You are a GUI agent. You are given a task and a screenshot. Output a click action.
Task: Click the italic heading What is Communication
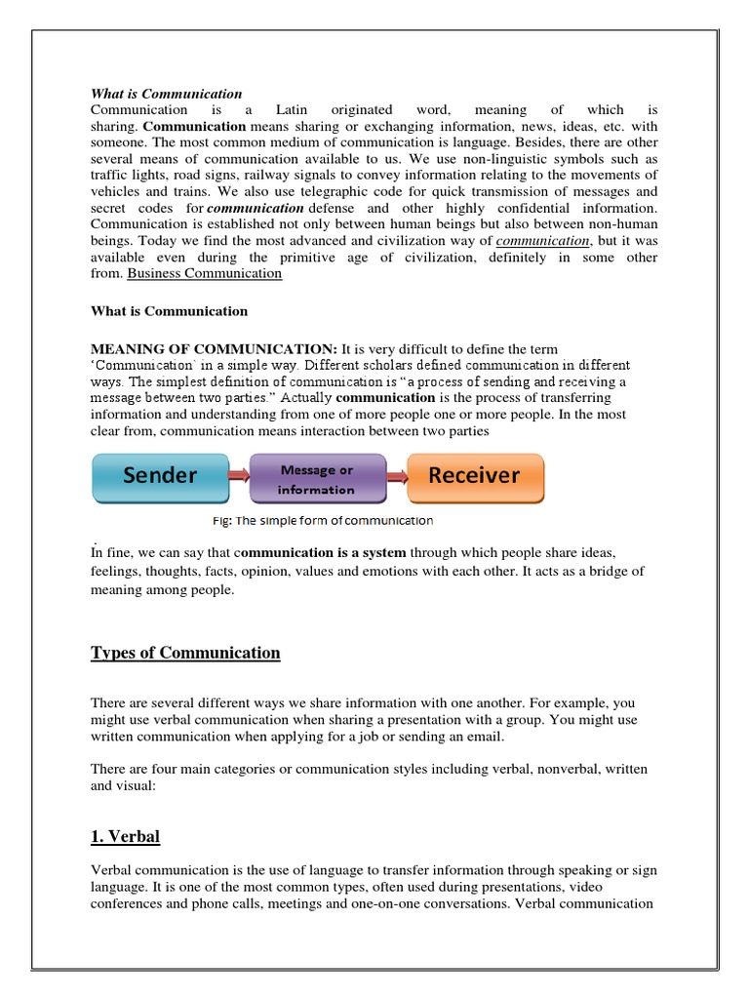pos(166,94)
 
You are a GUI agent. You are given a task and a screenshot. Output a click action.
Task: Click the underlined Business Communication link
pos(205,274)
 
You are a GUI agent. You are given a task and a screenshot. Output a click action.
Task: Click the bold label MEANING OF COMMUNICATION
pos(214,348)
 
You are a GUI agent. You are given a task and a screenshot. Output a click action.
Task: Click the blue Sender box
pos(159,476)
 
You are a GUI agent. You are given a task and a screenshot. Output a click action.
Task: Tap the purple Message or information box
pos(317,479)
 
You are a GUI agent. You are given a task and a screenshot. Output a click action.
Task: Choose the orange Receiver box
pos(475,476)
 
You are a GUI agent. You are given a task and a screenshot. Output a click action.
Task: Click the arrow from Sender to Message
pos(239,476)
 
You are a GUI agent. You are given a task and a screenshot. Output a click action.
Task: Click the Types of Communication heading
pos(185,653)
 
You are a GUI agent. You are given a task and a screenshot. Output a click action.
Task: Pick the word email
pos(487,737)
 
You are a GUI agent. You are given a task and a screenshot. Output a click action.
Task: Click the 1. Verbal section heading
pos(125,836)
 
